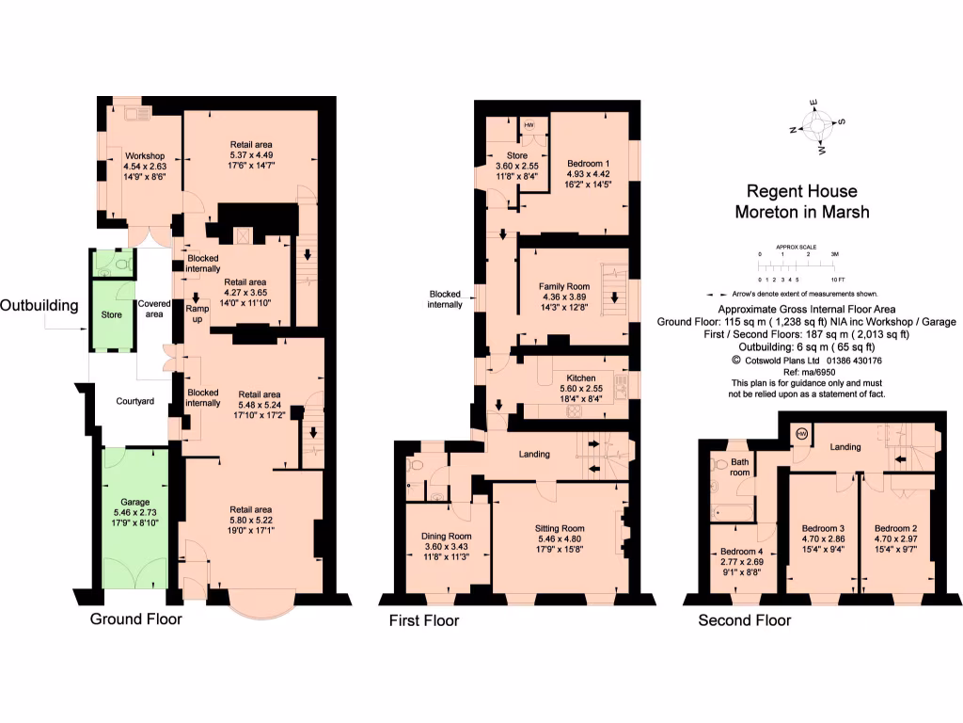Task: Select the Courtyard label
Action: pyautogui.click(x=135, y=401)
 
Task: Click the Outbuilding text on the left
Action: pyautogui.click(x=39, y=305)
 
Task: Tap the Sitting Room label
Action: pyautogui.click(x=560, y=528)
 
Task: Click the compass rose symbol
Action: pyautogui.click(x=819, y=125)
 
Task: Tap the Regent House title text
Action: pyautogui.click(x=801, y=191)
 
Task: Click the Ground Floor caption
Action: pyautogui.click(x=135, y=619)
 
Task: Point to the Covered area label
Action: pyautogui.click(x=154, y=309)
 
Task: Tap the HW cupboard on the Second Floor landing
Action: pyautogui.click(x=801, y=433)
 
